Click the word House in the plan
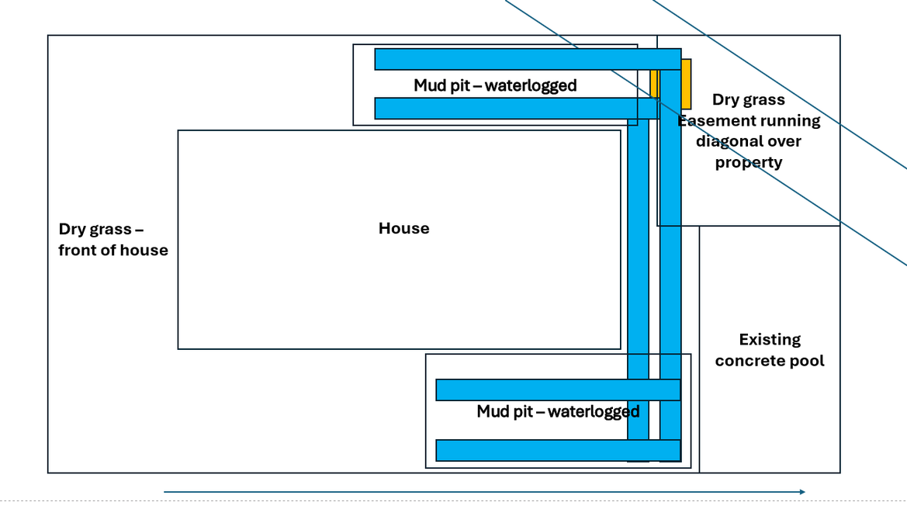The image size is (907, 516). (x=403, y=228)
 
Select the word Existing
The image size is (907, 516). (x=770, y=340)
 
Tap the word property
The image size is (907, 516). (x=748, y=163)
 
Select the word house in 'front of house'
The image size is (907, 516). (x=147, y=251)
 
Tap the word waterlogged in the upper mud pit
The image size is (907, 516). (x=531, y=85)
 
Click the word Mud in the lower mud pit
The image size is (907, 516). (x=492, y=411)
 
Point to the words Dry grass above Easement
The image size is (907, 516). (x=748, y=100)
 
